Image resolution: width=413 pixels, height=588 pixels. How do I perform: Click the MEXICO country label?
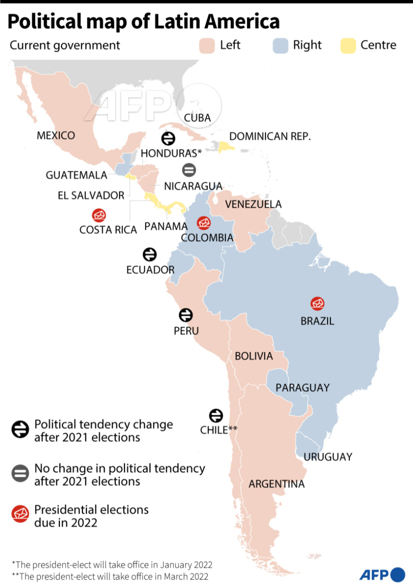coord(56,135)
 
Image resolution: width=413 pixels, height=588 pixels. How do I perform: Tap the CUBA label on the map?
coord(197,118)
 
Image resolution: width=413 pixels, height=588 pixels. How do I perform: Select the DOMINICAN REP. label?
coord(270,136)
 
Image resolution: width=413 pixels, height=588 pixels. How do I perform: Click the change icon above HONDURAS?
coord(168,139)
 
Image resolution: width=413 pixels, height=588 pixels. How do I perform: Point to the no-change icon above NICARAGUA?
coord(189,170)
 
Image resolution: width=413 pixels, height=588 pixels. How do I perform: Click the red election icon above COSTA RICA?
coord(99,215)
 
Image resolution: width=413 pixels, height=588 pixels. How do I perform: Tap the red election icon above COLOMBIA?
coord(204,223)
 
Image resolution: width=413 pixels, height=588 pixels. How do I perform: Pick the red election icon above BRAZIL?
coord(317,304)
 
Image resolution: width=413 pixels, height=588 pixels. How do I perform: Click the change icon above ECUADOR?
coord(150,254)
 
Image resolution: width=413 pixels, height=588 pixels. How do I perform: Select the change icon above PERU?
coord(186,315)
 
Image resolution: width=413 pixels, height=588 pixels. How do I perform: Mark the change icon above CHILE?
coord(216,416)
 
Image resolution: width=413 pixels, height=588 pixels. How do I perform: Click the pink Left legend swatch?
coord(207,46)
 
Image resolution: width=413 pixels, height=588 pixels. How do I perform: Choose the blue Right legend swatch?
coord(280,46)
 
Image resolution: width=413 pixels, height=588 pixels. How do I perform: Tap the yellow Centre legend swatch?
coord(348,46)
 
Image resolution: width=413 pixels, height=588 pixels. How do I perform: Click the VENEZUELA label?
coord(253,204)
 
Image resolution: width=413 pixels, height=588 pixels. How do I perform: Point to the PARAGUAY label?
coord(303,388)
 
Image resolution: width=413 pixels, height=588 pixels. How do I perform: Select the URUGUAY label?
coord(328,457)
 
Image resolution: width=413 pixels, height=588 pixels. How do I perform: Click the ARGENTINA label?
coord(277,484)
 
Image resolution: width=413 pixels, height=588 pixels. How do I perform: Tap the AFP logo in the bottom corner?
coord(382,575)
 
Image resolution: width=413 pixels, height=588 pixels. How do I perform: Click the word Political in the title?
coord(45,22)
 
